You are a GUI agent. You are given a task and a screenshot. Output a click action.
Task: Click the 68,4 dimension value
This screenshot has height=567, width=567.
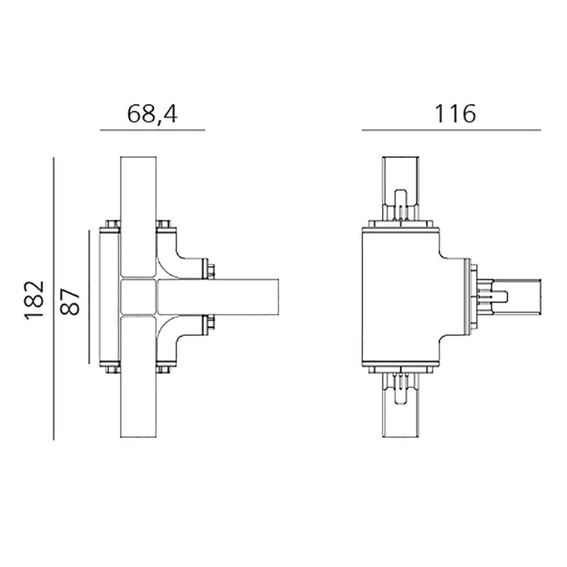152,114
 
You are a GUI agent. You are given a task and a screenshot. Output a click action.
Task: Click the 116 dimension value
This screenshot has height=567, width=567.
454,113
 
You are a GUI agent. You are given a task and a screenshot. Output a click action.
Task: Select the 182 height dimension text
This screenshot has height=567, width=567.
35,300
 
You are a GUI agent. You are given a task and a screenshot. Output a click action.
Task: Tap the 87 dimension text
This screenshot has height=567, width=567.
71,300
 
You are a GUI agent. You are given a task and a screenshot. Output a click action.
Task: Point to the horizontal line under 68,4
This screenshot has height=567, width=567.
152,130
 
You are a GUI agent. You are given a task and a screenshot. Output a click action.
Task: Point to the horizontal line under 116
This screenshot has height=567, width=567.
451,130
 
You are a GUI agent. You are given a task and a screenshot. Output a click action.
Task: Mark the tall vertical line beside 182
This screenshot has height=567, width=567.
54,298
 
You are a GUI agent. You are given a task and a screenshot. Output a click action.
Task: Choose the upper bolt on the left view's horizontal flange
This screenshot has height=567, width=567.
210,269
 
